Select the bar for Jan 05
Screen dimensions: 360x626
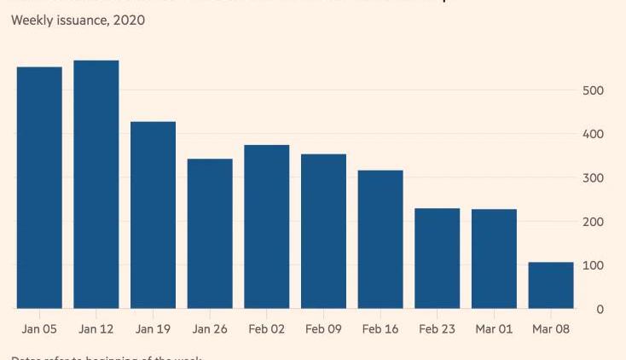coord(39,188)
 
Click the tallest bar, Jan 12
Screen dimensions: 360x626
coord(96,184)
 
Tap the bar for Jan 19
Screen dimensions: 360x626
coord(153,215)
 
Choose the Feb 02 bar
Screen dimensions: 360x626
coord(267,227)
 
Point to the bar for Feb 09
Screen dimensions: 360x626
coord(323,231)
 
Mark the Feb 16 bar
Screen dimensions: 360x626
coord(380,240)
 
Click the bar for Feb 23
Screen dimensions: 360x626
coord(438,258)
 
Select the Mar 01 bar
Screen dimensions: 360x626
coord(494,258)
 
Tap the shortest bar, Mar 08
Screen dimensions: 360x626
coord(551,285)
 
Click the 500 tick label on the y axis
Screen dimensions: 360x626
coord(593,90)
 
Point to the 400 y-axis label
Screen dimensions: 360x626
coord(593,134)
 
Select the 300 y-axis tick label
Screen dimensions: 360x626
coord(593,178)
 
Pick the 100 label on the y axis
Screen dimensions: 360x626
coord(593,265)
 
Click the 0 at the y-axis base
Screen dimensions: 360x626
coord(600,310)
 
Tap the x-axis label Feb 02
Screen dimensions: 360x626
coord(267,329)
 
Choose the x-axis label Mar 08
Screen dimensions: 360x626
coord(551,329)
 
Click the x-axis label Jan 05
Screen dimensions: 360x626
coord(39,329)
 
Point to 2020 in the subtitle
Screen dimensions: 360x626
coord(129,20)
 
